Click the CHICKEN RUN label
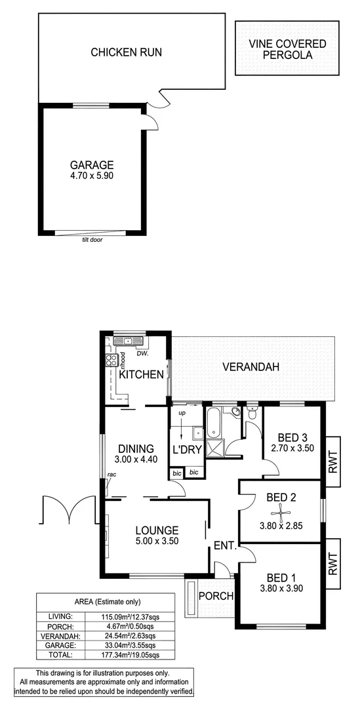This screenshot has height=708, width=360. point(126,52)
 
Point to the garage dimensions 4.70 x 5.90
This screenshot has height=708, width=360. point(92,176)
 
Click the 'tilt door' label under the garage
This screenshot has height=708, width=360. point(92,240)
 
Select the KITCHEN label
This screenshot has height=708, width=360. point(141,375)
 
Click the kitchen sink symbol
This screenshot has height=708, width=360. point(123,341)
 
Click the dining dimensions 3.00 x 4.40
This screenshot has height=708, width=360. point(136,460)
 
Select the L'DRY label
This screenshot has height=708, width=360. point(186,450)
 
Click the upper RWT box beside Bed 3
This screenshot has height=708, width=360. point(332,462)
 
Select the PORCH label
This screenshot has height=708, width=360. point(216,596)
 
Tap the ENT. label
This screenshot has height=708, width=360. point(224,544)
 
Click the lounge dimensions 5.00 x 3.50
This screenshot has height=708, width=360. point(157,541)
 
